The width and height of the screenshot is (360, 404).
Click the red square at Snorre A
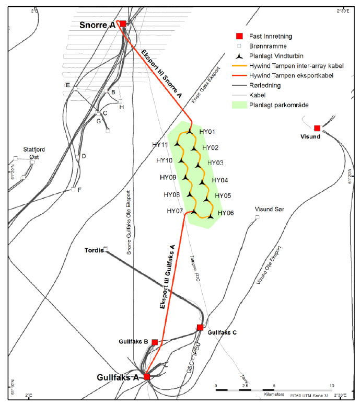[123, 24]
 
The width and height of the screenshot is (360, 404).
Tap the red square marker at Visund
[317, 128]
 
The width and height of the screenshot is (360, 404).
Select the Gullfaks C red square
[200, 328]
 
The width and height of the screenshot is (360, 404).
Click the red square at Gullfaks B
[155, 342]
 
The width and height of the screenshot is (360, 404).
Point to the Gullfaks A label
[119, 377]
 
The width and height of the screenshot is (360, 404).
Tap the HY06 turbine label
[226, 213]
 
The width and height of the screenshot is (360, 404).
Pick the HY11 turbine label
[160, 145]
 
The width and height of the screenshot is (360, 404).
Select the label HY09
[168, 178]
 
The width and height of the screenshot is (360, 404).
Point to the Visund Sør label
[269, 210]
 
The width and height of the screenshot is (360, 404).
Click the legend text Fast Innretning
[271, 36]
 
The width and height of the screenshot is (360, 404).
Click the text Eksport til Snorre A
[162, 73]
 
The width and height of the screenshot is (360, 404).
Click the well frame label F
[79, 190]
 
